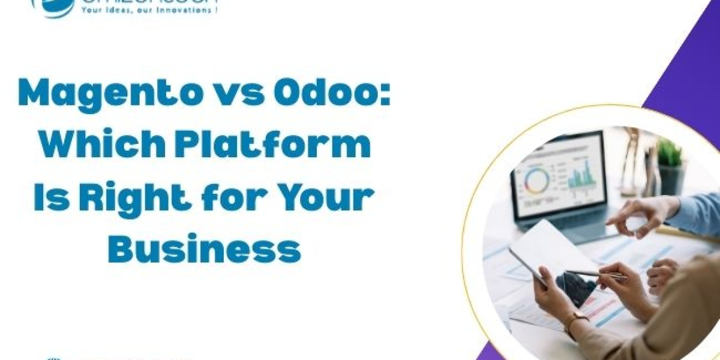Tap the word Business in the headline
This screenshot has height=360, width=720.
point(204,248)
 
